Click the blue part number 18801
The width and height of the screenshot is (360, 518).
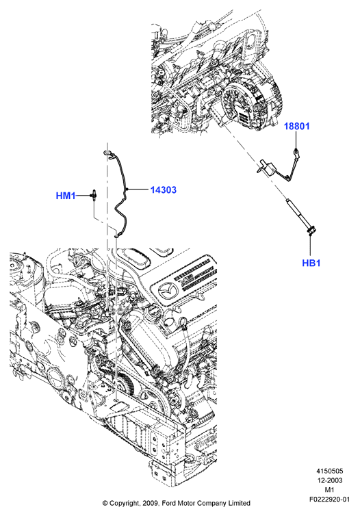click(x=297, y=126)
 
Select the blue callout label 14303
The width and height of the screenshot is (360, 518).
click(x=164, y=190)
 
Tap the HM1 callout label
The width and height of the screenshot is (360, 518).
click(x=66, y=196)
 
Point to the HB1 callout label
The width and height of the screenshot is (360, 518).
click(x=311, y=263)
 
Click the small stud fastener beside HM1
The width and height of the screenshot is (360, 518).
click(x=94, y=195)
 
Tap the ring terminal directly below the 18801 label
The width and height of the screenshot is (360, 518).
click(x=296, y=151)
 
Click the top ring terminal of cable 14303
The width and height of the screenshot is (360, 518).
click(x=108, y=153)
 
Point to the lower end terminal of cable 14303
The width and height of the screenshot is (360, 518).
click(x=118, y=235)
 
